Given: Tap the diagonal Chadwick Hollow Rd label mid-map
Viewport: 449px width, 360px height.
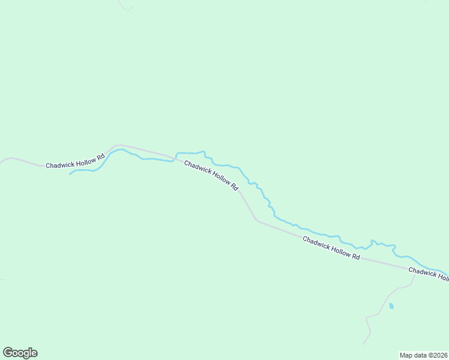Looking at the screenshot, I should click(211, 175).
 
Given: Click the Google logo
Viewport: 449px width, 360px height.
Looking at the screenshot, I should click(20, 353).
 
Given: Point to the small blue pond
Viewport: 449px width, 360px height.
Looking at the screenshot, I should click(391, 306).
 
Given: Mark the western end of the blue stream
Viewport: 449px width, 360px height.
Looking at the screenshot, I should click(70, 174).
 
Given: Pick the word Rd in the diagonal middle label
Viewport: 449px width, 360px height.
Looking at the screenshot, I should click(235, 187).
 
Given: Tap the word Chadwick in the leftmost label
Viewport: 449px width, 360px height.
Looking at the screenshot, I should click(59, 164).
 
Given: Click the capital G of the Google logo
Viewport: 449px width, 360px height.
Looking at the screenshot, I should click(7, 353).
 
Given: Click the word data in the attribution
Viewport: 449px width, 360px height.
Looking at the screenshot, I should click(421, 355).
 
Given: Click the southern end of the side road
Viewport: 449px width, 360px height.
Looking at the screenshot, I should click(363, 344).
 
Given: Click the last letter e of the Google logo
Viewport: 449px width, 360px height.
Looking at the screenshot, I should click(34, 353).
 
